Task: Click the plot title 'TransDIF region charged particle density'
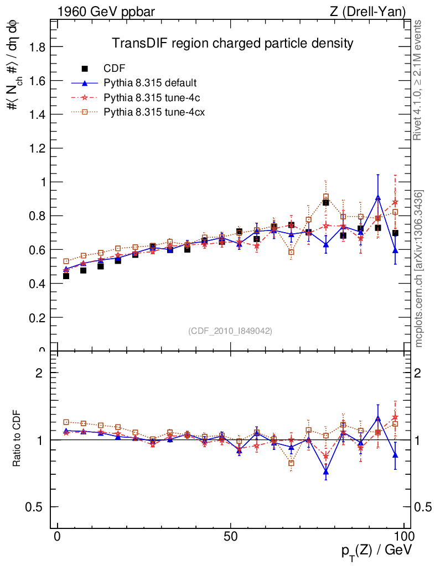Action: point(232,43)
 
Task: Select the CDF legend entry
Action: point(115,69)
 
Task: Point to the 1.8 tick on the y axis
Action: point(38,46)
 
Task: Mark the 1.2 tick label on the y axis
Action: point(38,148)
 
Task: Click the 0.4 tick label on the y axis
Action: point(38,284)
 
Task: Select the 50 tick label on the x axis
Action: point(231,537)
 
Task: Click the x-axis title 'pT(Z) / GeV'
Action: point(376,552)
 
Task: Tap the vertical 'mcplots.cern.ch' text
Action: point(419,268)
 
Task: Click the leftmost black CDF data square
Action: point(66,276)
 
